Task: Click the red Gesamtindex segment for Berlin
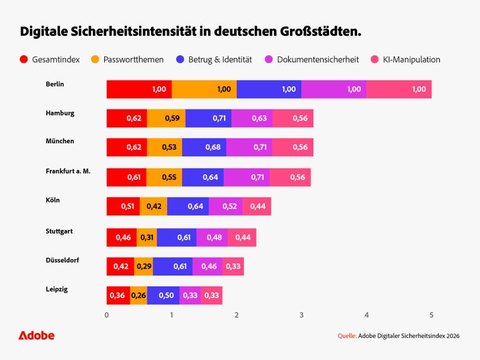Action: pos(139,90)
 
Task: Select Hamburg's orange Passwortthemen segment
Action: pos(166,118)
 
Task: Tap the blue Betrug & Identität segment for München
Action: pos(204,148)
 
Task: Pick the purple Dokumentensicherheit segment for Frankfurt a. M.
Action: pos(246,177)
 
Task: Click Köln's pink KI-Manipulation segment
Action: pos(257,207)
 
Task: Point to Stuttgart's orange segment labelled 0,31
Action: pos(147,237)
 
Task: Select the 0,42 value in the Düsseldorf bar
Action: pos(120,266)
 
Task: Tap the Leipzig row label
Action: pos(57,289)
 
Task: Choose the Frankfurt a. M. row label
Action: pos(68,171)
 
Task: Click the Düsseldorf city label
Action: pos(62,260)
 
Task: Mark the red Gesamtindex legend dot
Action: pos(24,59)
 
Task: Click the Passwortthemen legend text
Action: pos(134,59)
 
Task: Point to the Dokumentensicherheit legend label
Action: pos(318,59)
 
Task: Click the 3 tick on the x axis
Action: pos(301,315)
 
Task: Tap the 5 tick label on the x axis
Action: pos(431,315)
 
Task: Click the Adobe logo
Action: pos(36,336)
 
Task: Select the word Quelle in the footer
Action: pos(347,336)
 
